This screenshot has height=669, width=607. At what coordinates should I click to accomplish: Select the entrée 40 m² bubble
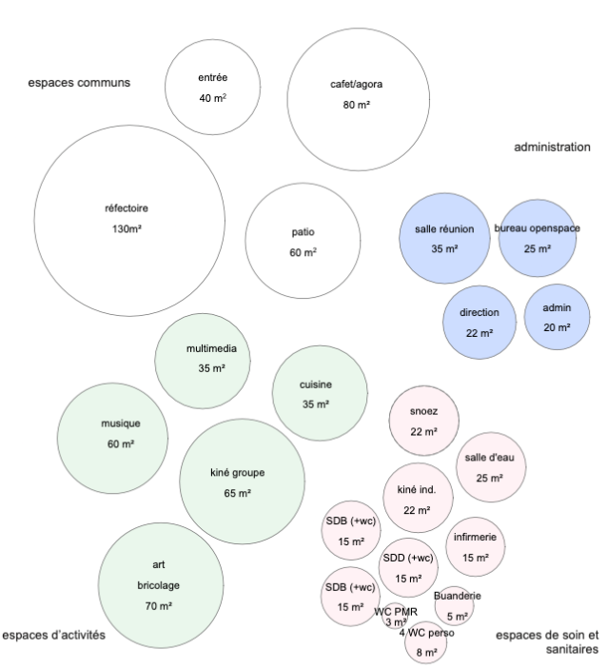click(212, 88)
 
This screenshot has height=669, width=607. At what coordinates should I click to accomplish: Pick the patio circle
click(303, 242)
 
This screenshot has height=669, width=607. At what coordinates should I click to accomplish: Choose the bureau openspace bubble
click(538, 238)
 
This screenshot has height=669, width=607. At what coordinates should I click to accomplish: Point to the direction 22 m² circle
click(480, 322)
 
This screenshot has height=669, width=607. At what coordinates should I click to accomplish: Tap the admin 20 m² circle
click(557, 318)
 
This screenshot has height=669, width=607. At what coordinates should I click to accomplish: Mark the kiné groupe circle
click(242, 481)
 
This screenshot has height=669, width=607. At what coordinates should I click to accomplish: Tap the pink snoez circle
click(423, 421)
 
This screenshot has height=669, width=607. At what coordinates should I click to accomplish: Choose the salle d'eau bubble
click(491, 467)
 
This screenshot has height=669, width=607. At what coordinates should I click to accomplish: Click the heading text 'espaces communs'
click(78, 83)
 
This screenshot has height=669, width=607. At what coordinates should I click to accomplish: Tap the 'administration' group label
click(552, 148)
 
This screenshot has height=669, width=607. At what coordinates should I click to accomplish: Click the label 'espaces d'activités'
click(53, 634)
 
